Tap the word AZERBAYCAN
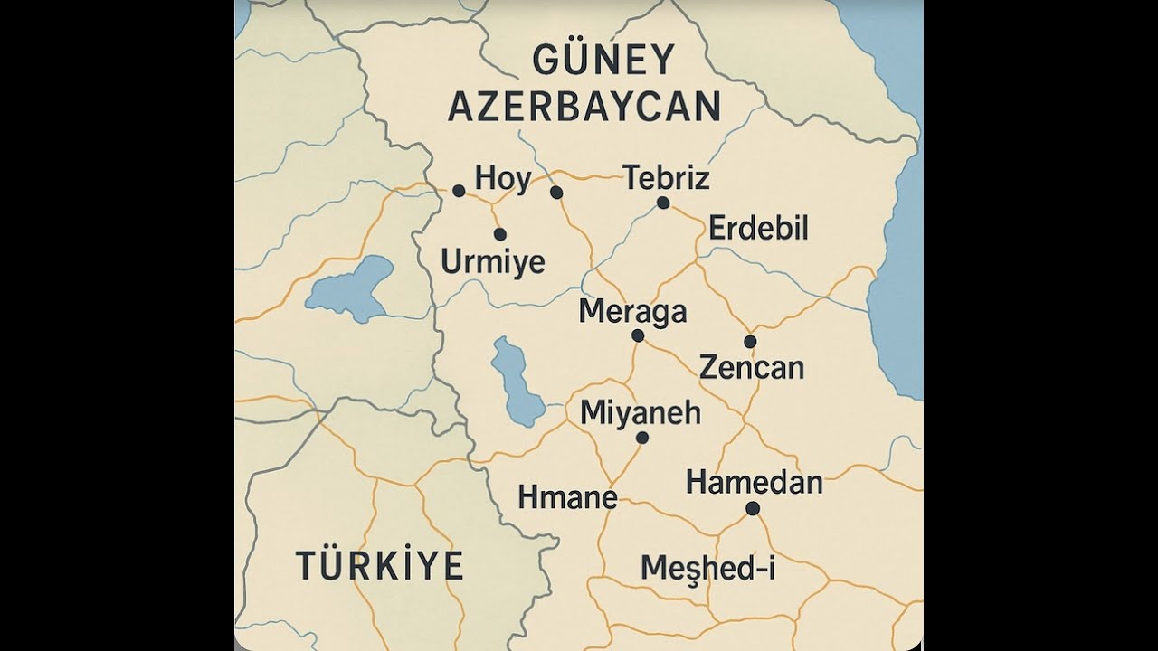[584, 107]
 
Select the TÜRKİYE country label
[380, 565]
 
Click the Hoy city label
[503, 178]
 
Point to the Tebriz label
[667, 178]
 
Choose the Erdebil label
[758, 228]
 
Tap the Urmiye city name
[493, 262]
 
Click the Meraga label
[632, 311]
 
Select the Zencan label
[752, 368]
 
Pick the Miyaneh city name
[641, 412]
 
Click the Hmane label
[567, 496]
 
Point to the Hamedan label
[755, 482]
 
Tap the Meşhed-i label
[707, 568]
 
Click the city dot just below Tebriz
[663, 203]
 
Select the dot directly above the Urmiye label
[500, 234]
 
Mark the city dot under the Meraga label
[638, 335]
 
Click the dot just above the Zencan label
[750, 341]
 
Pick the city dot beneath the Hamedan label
[753, 508]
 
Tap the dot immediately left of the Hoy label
[459, 191]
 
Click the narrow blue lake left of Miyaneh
[515, 382]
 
